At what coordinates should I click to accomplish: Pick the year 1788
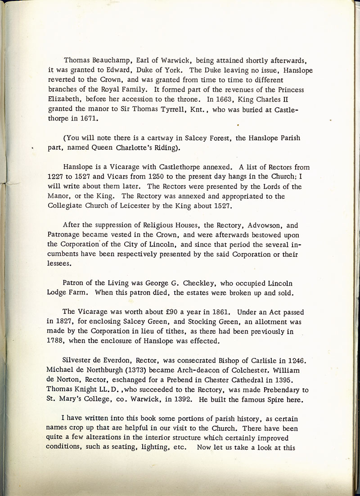(x=56, y=340)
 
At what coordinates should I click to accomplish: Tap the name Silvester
(x=79, y=360)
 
